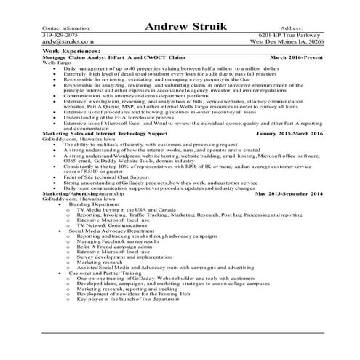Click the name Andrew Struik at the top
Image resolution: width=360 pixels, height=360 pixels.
click(x=185, y=27)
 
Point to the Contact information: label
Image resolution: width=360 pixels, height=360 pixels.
click(x=66, y=28)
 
